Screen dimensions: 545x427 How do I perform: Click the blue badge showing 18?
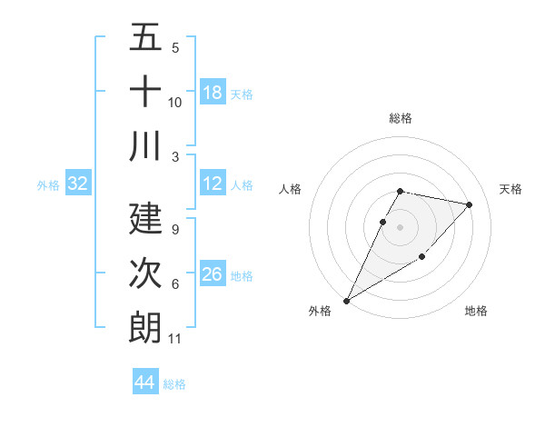(x=213, y=92)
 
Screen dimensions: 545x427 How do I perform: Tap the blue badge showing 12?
(x=213, y=184)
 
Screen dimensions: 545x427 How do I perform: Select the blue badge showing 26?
(x=213, y=273)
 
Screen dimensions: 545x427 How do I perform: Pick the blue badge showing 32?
(x=78, y=184)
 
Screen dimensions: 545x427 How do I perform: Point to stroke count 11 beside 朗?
(x=175, y=339)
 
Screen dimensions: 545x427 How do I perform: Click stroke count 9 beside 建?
(x=174, y=230)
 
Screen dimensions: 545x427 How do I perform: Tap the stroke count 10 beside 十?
(x=175, y=102)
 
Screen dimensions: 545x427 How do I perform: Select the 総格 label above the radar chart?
(x=401, y=118)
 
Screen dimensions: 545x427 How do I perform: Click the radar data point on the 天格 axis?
(x=470, y=204)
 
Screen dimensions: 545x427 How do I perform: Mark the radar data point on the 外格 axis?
(x=346, y=301)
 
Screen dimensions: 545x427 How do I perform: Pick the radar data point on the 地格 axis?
(x=422, y=257)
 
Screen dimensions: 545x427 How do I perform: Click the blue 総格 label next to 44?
(x=174, y=384)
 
